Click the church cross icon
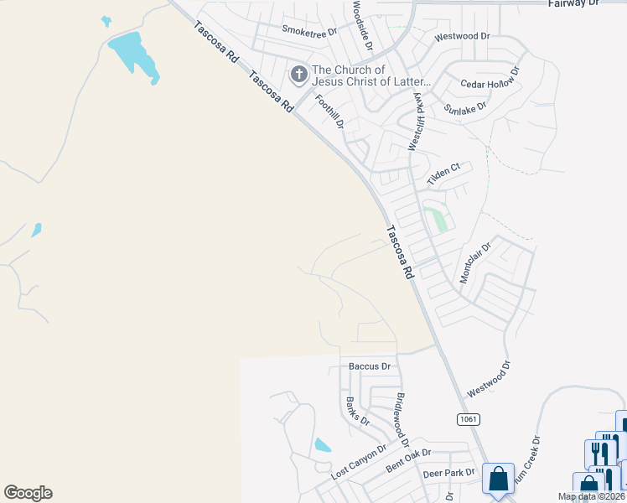[x=298, y=75]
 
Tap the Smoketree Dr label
[x=308, y=31]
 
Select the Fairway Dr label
[x=574, y=4]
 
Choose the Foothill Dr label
[x=329, y=111]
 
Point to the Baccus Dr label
[x=370, y=366]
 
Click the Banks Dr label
[x=358, y=410]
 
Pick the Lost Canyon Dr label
[x=358, y=462]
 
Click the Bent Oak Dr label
[x=407, y=457]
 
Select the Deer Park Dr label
[x=444, y=474]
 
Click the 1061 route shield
[x=469, y=418]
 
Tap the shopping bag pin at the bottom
[x=499, y=479]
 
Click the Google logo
[x=28, y=493]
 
